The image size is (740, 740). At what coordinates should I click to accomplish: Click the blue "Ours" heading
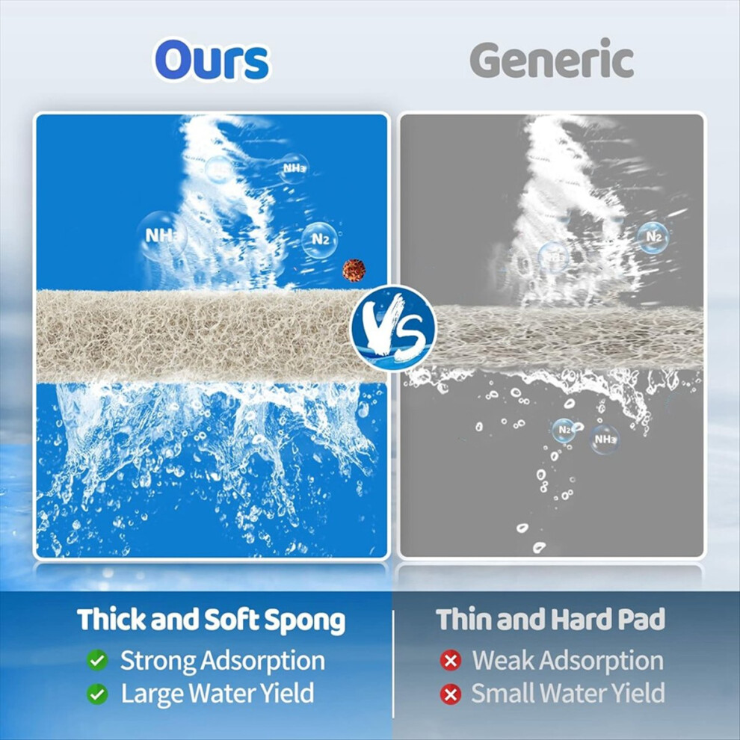pos(212,61)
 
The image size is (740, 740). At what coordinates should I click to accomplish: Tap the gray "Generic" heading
pos(551,60)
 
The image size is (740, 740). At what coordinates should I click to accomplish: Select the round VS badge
pos(393,327)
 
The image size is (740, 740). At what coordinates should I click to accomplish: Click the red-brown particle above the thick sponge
pos(354,271)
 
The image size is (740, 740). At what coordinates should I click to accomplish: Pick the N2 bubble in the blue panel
pos(319,240)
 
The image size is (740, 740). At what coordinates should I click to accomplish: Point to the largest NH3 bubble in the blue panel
pos(161,236)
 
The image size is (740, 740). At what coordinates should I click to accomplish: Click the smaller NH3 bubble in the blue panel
pos(294,168)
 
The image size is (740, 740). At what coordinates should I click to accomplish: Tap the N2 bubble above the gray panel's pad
pos(653,237)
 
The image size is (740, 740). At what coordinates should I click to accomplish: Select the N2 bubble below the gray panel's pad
pos(564,431)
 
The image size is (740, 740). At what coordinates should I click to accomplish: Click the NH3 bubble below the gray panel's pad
pos(605,440)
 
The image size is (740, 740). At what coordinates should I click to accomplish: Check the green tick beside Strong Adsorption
pos(97,660)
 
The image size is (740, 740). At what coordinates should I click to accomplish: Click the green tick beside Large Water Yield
pos(97,694)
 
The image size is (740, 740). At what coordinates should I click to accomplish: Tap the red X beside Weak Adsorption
pos(451,660)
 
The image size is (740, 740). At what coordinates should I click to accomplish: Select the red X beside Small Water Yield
pos(451,694)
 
